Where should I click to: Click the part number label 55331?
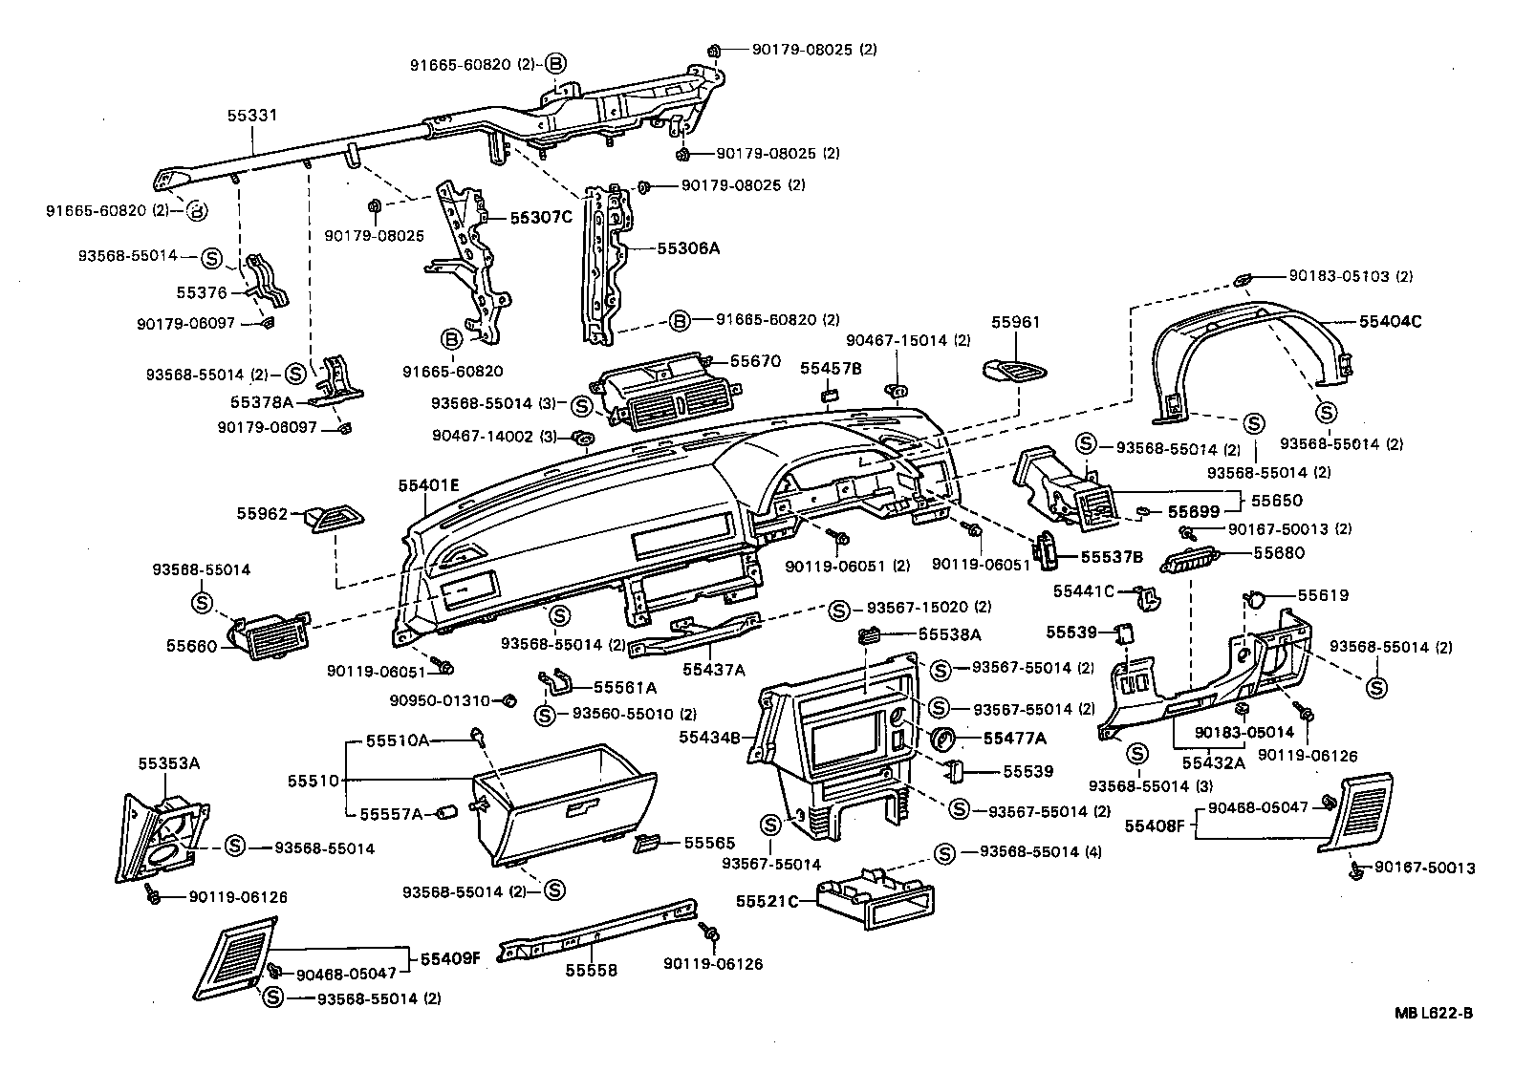click(x=252, y=116)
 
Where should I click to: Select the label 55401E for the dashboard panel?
click(x=429, y=485)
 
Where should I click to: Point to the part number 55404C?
click(x=1390, y=322)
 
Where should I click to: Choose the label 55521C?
click(x=768, y=901)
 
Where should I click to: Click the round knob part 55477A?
click(x=943, y=739)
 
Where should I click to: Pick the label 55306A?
click(x=688, y=248)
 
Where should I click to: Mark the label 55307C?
click(x=540, y=218)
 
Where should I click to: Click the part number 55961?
click(x=1015, y=323)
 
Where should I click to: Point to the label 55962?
click(x=262, y=513)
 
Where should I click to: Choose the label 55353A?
click(x=169, y=763)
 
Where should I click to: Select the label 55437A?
click(x=713, y=670)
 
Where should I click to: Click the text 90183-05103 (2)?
click(x=1350, y=276)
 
